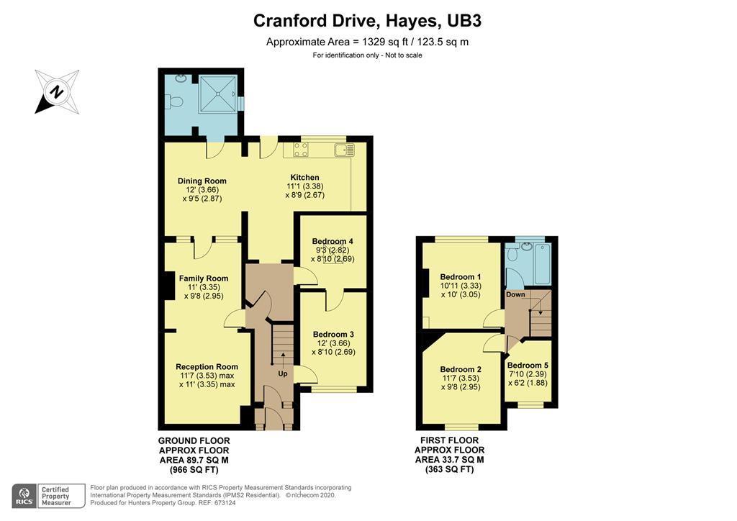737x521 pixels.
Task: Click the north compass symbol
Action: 57,91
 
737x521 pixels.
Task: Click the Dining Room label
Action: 202,181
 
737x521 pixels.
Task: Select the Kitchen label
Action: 304,178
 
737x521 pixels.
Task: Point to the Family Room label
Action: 204,278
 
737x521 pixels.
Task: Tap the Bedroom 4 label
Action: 333,241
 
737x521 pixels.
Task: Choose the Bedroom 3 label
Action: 333,335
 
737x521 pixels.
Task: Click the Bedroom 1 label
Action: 461,277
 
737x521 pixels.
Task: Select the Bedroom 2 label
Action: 461,370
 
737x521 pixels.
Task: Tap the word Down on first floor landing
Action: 515,294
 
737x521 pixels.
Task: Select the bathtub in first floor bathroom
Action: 537,255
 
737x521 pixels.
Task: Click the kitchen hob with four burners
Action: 301,150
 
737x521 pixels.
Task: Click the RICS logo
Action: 24,495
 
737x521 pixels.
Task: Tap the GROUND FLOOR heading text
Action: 194,440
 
